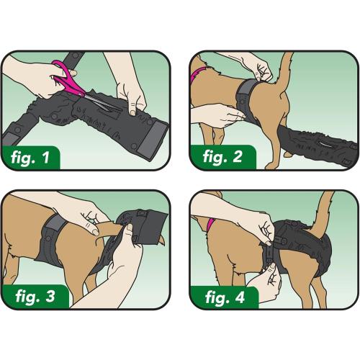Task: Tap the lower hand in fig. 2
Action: click(x=220, y=113)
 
